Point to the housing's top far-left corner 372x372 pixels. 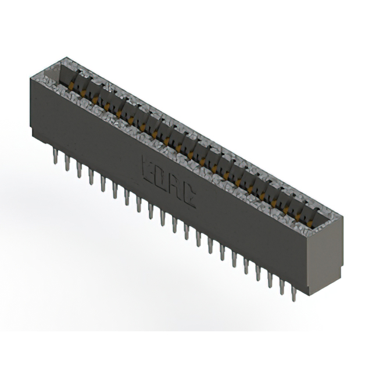click(x=30, y=77)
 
